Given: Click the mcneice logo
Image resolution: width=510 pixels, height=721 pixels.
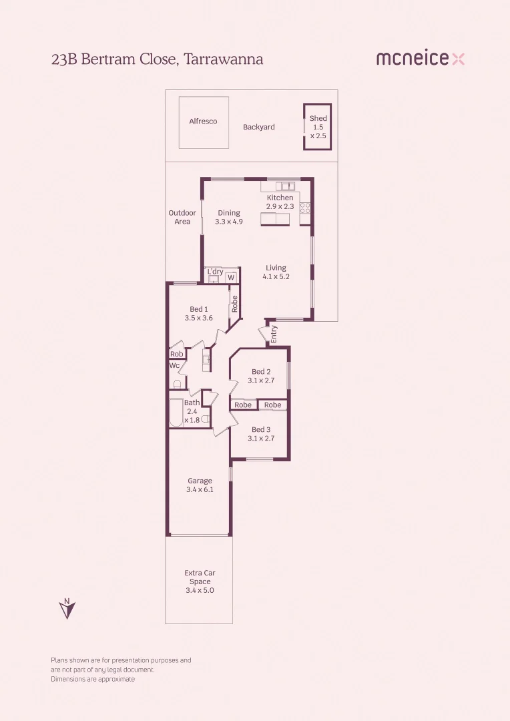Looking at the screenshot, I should pyautogui.click(x=420, y=59).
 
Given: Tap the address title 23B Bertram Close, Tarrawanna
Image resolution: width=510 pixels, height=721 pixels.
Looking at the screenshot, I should pyautogui.click(x=157, y=59).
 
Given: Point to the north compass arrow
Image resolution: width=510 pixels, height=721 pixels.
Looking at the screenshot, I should pyautogui.click(x=67, y=609).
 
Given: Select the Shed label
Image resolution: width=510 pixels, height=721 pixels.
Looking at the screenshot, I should pyautogui.click(x=318, y=119).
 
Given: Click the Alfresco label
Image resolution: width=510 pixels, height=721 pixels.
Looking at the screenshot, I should pyautogui.click(x=203, y=122).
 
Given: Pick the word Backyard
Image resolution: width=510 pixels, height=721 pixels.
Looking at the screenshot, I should pyautogui.click(x=258, y=127).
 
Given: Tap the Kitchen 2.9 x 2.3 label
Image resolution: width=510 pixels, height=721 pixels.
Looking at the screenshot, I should pyautogui.click(x=280, y=202).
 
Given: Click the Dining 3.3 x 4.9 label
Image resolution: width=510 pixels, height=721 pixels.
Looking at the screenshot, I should pyautogui.click(x=228, y=218).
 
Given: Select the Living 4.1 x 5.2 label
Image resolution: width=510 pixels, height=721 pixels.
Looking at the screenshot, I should pyautogui.click(x=276, y=272).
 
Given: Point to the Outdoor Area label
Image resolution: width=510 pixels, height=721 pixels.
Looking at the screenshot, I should pyautogui.click(x=182, y=217).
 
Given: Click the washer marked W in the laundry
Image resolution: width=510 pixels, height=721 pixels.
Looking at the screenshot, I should pyautogui.click(x=231, y=277).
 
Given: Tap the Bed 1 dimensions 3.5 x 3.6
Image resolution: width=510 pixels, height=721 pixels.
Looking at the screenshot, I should pyautogui.click(x=198, y=318).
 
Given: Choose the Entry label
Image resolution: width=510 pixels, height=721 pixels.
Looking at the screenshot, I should pyautogui.click(x=274, y=334).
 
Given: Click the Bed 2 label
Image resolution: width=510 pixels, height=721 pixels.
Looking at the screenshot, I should pyautogui.click(x=260, y=372).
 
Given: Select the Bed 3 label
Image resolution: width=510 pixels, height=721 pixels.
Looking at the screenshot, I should pyautogui.click(x=260, y=430).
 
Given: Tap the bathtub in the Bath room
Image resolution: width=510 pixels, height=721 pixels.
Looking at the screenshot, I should pyautogui.click(x=176, y=413).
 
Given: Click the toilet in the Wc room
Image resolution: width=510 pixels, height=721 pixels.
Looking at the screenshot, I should pyautogui.click(x=177, y=384).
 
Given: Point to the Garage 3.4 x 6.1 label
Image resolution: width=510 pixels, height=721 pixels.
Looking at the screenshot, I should pyautogui.click(x=200, y=485).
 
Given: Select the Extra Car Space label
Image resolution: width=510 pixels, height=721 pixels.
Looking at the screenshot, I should pyautogui.click(x=200, y=581).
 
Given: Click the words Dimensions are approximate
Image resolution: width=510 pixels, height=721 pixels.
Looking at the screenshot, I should pyautogui.click(x=93, y=679).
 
